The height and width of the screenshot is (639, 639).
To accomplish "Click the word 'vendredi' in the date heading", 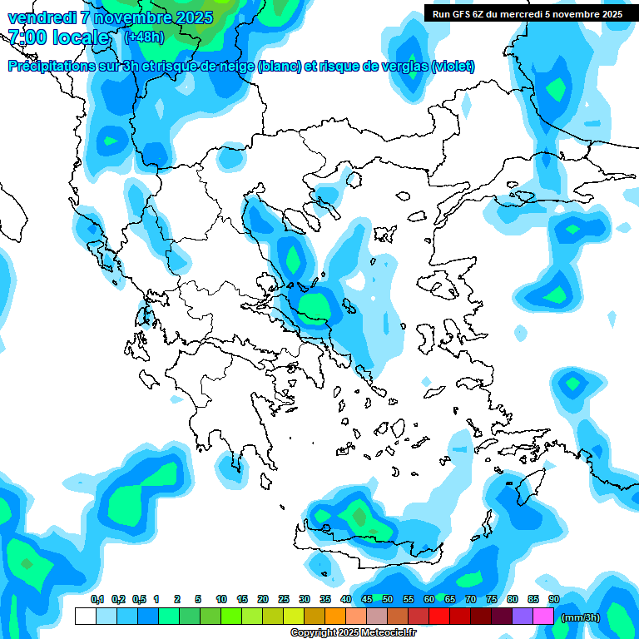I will [x=38, y=17].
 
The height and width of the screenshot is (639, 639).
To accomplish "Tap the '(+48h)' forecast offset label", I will [x=144, y=37].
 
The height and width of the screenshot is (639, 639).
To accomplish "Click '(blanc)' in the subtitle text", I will [x=279, y=67].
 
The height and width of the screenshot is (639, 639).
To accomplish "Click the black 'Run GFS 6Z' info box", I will [x=528, y=13].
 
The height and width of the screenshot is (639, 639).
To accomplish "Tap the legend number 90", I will [x=553, y=600].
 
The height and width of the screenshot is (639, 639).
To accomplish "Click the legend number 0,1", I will [x=97, y=600].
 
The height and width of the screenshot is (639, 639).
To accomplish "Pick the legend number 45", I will [x=367, y=600].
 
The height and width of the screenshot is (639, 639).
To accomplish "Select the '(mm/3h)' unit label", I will [x=581, y=617].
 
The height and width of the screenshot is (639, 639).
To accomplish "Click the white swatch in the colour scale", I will [x=85, y=617].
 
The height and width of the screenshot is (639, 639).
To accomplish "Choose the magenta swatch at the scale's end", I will [x=543, y=617].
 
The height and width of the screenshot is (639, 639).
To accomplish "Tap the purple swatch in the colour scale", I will [x=523, y=617].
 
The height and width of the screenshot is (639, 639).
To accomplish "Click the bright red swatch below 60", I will [x=439, y=617].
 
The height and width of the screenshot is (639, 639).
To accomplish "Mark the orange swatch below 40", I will [x=335, y=617].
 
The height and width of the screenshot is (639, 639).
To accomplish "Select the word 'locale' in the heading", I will [x=81, y=37].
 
